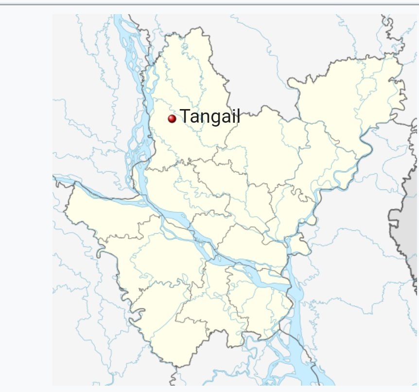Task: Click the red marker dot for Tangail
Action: click(x=172, y=118)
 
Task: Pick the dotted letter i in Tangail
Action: click(x=233, y=116)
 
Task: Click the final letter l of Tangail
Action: click(x=238, y=116)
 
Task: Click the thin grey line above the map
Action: click(x=209, y=4)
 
